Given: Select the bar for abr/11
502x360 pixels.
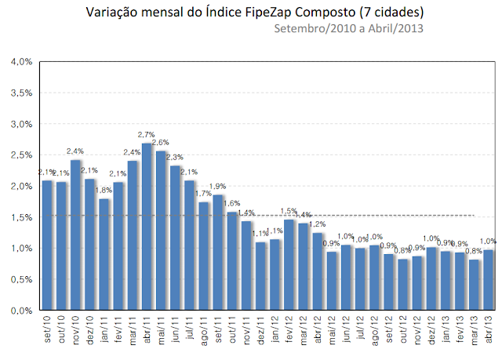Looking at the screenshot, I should [x=147, y=227].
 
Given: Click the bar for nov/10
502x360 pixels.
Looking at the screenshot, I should [x=76, y=235].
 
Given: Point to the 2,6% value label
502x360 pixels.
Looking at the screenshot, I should [x=162, y=143].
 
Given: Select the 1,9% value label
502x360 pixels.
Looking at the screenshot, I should [x=219, y=186].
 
